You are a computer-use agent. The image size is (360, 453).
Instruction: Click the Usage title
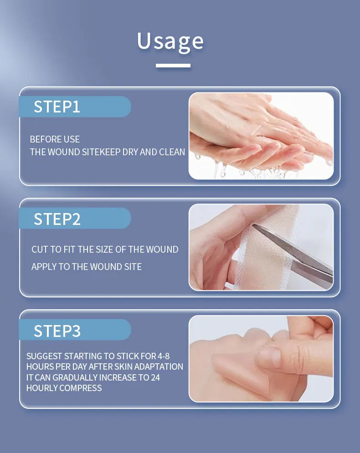point(170,41)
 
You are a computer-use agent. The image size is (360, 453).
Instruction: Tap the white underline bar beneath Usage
point(173,66)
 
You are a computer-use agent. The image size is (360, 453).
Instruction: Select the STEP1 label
point(57,107)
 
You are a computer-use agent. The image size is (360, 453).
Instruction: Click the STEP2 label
point(57,219)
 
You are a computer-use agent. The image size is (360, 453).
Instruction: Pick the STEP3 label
point(57,331)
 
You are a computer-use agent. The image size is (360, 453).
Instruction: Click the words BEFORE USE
point(55,139)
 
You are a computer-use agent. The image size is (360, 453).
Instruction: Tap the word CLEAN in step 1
point(172,152)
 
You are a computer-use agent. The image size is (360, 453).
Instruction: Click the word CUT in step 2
point(40,249)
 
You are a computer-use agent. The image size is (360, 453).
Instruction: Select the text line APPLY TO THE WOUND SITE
point(87,267)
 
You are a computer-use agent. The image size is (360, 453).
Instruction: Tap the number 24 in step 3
point(155,377)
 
